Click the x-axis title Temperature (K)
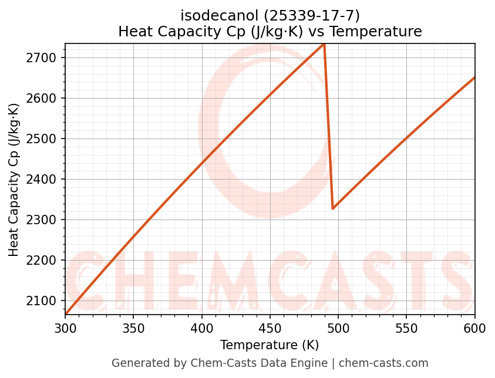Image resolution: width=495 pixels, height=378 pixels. pos(270,345)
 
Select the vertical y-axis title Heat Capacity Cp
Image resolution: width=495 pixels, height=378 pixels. pos(14,179)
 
